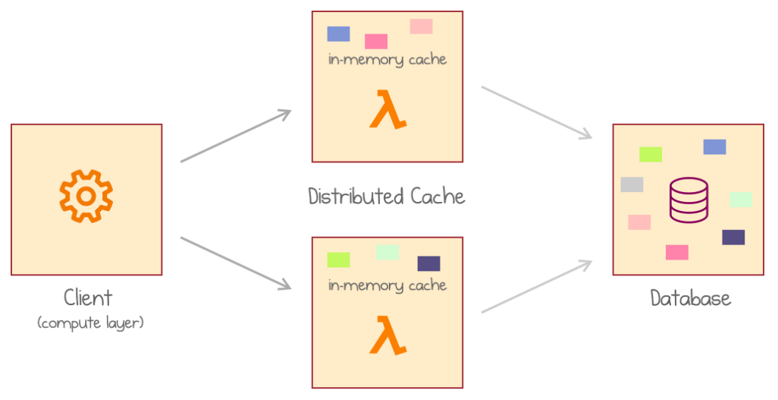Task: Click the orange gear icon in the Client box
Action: pos(86,197)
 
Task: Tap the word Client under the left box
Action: pos(88,297)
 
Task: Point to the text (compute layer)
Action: pos(90,323)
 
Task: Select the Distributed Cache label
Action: pos(386,197)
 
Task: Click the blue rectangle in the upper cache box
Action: pos(338,33)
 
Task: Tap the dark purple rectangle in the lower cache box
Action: pos(428,263)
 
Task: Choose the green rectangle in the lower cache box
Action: pos(338,260)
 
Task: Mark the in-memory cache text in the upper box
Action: pos(387,59)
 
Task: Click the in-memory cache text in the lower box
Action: pos(387,285)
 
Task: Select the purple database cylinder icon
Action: pos(689,200)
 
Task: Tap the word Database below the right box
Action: pos(690,298)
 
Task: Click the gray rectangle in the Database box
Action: pos(632,184)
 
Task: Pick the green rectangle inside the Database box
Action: pos(651,154)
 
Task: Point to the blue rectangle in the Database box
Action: pos(714,146)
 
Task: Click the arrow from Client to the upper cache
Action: pos(235,137)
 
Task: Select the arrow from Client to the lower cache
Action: pos(235,263)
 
